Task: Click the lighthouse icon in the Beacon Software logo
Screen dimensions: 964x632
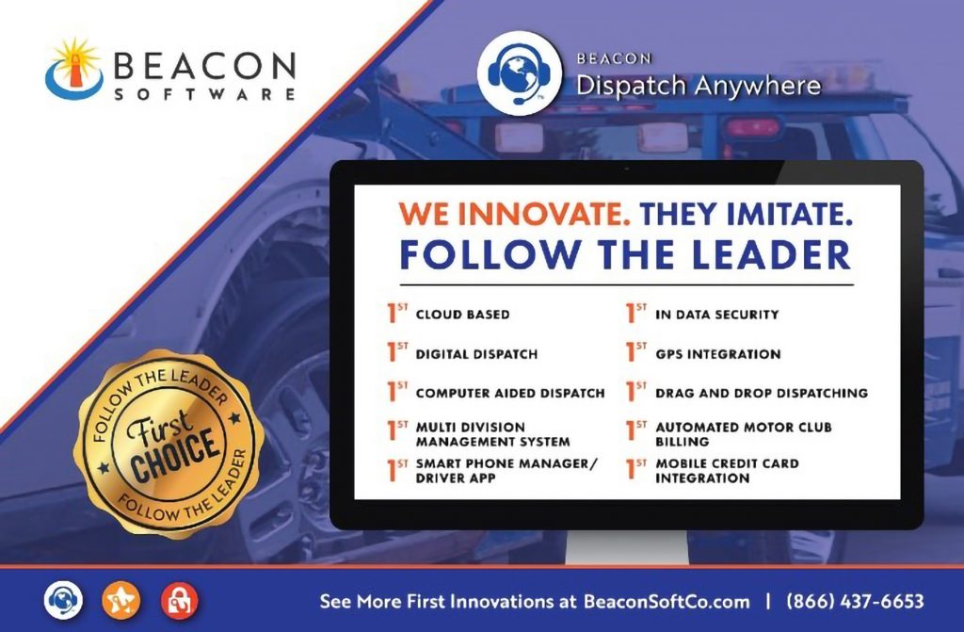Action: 75,69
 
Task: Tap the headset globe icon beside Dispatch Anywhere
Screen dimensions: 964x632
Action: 520,73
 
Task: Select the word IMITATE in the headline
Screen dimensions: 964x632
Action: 790,214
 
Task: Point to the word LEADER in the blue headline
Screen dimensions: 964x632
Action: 772,254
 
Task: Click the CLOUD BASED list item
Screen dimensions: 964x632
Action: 463,315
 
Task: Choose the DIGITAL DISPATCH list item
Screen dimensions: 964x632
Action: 476,354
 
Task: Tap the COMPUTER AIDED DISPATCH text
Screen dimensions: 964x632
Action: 510,393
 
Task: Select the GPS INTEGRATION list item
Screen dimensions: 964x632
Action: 718,354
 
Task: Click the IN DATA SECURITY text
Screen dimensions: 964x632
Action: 716,315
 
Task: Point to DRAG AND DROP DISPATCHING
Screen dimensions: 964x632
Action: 762,393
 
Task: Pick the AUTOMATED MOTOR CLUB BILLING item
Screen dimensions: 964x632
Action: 744,434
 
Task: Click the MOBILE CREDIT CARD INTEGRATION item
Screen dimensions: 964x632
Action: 728,471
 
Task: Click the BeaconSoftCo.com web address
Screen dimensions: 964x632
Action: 667,601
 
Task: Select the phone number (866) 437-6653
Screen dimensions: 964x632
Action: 855,601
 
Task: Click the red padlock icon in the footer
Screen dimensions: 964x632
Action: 180,601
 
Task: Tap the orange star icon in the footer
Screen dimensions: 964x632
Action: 121,601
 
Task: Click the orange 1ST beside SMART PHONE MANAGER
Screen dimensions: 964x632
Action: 397,470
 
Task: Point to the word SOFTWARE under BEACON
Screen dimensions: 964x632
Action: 205,94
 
